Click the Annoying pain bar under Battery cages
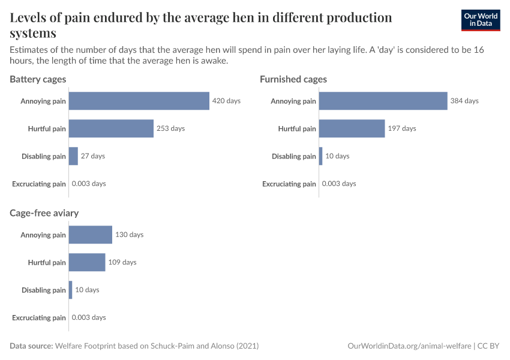(139, 101)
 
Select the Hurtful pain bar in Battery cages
(111, 128)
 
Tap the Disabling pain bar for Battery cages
(73, 156)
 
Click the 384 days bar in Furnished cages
(383, 101)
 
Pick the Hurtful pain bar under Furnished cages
(352, 128)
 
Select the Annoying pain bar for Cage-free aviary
(91, 235)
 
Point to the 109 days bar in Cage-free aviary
(87, 262)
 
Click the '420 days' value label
(226, 101)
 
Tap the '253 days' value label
(170, 128)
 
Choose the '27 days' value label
(92, 156)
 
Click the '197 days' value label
(401, 128)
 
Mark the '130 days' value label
(129, 235)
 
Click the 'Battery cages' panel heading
(38, 79)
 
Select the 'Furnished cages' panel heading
(293, 79)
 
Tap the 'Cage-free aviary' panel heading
(44, 213)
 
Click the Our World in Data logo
(480, 20)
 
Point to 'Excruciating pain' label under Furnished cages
(289, 184)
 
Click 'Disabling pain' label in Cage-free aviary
(43, 290)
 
